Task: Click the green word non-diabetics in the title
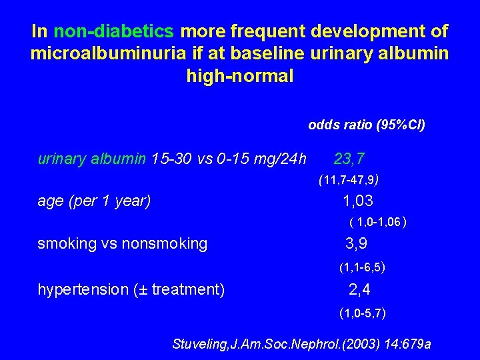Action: (x=114, y=31)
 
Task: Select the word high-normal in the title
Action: (x=240, y=76)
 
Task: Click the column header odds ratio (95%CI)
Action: (x=367, y=125)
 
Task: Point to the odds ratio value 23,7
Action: (x=349, y=159)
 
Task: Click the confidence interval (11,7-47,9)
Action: (x=349, y=179)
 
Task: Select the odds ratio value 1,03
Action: (x=358, y=201)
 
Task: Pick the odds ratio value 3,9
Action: (x=356, y=243)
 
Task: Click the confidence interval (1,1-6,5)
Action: (x=362, y=268)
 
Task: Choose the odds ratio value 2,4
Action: (x=359, y=289)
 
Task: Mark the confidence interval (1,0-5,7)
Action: (x=362, y=312)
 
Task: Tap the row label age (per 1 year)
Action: (x=94, y=201)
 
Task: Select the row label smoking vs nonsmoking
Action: (x=122, y=244)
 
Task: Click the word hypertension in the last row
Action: (x=81, y=289)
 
